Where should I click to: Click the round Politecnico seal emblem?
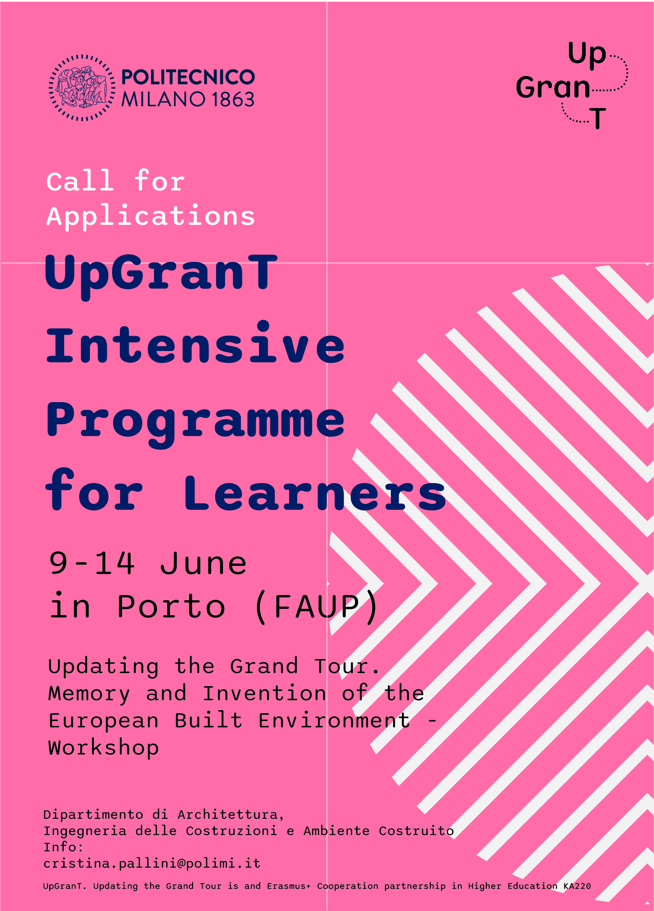click(x=82, y=88)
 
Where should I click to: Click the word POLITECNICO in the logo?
click(x=188, y=77)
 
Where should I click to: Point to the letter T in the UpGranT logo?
click(x=598, y=119)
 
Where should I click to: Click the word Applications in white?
click(x=151, y=217)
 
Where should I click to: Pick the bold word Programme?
click(x=196, y=423)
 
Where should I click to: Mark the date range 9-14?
click(x=92, y=564)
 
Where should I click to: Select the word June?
click(x=203, y=564)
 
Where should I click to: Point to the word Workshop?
click(x=104, y=748)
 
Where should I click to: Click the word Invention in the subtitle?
click(x=264, y=694)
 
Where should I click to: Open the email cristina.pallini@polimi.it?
click(x=152, y=864)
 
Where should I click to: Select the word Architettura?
click(x=231, y=815)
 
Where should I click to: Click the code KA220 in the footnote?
click(x=577, y=886)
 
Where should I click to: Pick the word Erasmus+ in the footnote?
click(x=289, y=886)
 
